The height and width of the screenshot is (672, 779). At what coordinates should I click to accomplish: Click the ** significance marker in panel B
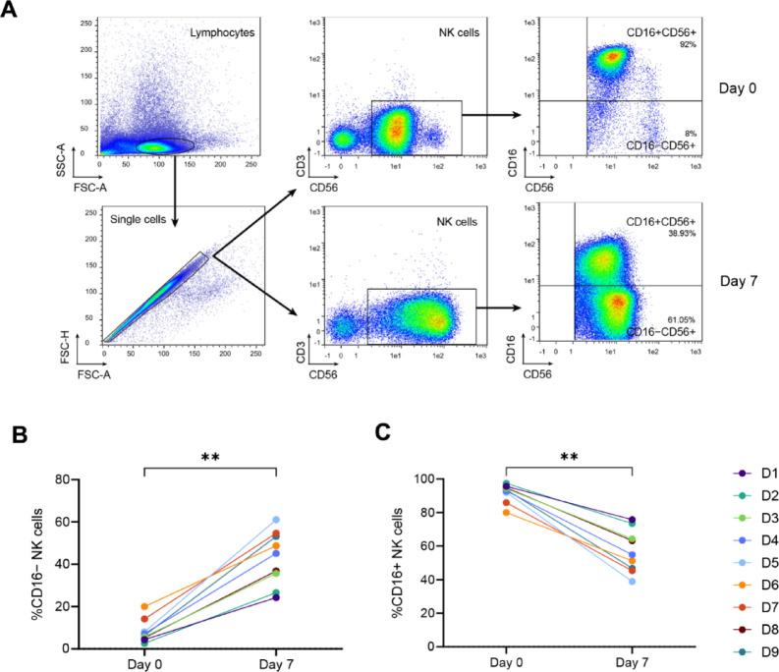coord(210,457)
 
